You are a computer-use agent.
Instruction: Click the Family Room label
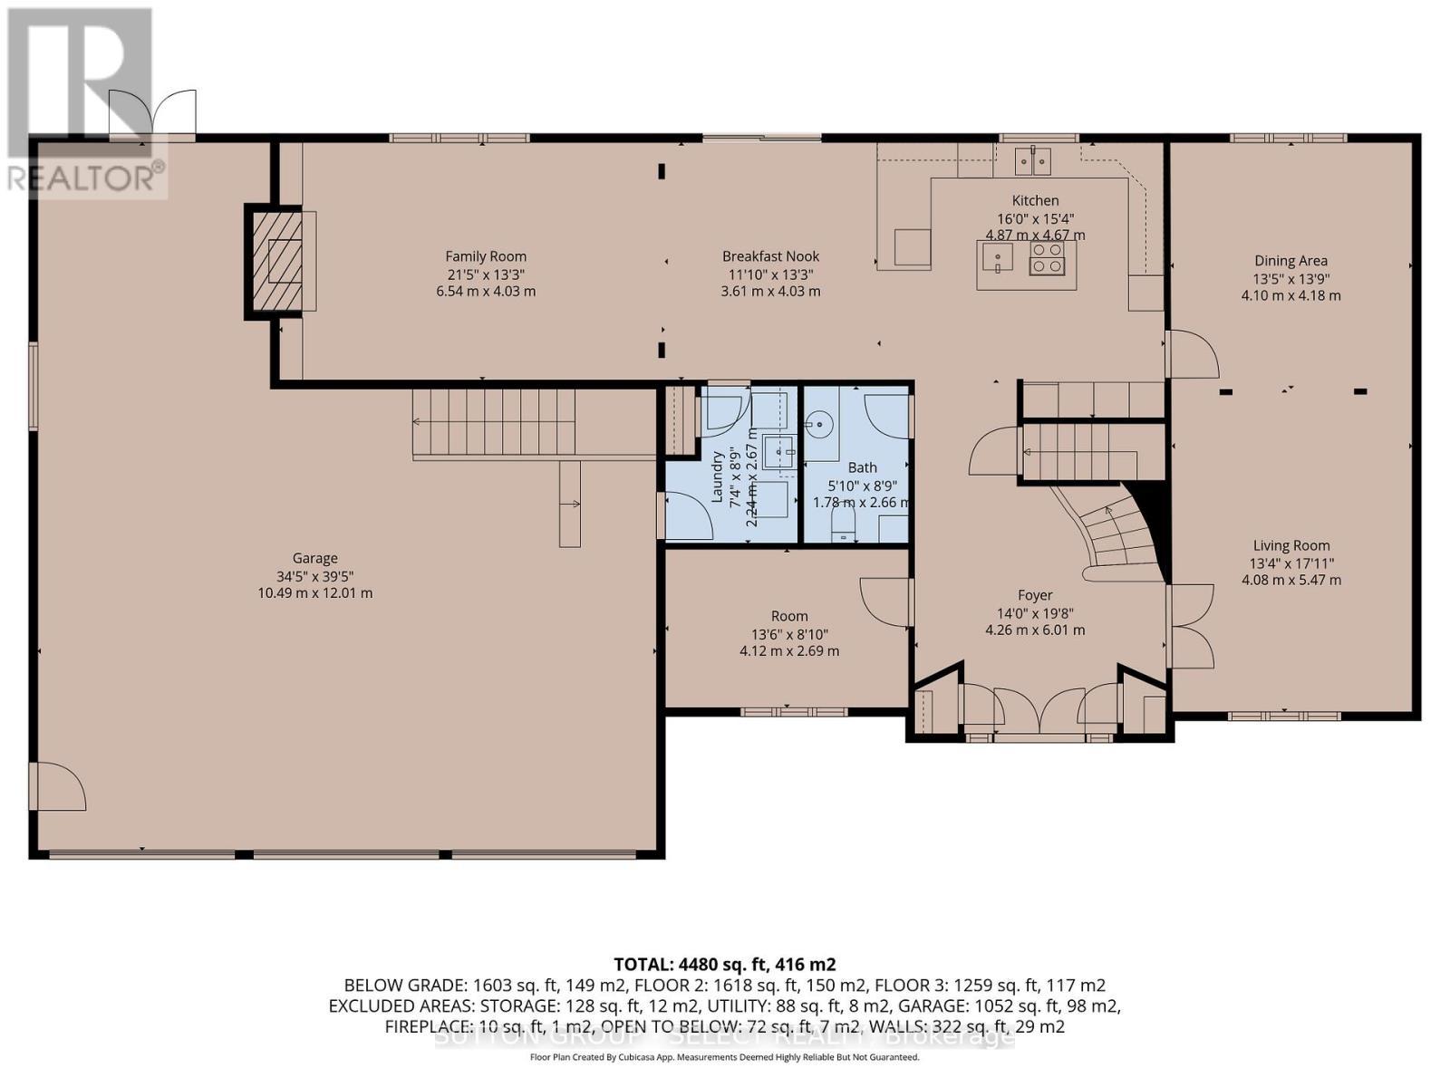pyautogui.click(x=486, y=256)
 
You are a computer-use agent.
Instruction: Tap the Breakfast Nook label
pyautogui.click(x=770, y=256)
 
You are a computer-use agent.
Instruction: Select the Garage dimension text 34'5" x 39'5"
pyautogui.click(x=314, y=576)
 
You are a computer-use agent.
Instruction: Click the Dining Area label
pyautogui.click(x=1290, y=261)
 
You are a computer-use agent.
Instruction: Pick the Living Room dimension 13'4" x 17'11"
pyautogui.click(x=1290, y=563)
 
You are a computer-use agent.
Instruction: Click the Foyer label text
pyautogui.click(x=1035, y=595)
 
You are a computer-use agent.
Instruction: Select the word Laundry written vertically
pyautogui.click(x=718, y=476)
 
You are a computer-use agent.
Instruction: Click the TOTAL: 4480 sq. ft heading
pyautogui.click(x=724, y=964)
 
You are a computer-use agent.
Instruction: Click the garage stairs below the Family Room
pyautogui.click(x=494, y=423)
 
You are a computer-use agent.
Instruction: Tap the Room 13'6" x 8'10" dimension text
pyautogui.click(x=789, y=634)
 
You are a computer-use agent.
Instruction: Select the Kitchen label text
pyautogui.click(x=1035, y=200)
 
